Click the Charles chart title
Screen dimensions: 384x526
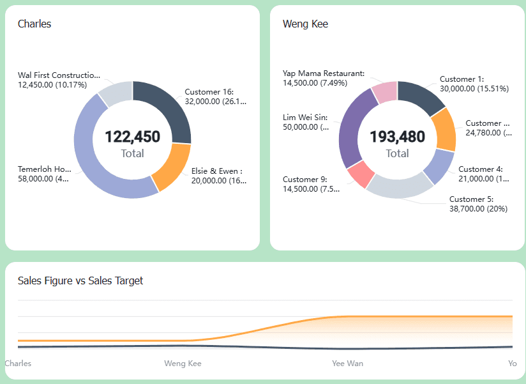pyautogui.click(x=34, y=24)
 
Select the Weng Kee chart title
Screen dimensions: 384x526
pyautogui.click(x=305, y=24)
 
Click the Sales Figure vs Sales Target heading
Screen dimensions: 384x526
pyautogui.click(x=80, y=280)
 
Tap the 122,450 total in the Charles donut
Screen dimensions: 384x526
pyautogui.click(x=132, y=137)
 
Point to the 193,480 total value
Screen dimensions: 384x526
pyautogui.click(x=397, y=137)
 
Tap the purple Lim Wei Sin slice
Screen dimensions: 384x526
pyautogui.click(x=352, y=128)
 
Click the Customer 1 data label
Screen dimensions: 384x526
pyautogui.click(x=474, y=84)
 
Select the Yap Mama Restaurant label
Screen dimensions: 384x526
pyautogui.click(x=324, y=78)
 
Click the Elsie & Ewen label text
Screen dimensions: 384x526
pyautogui.click(x=218, y=176)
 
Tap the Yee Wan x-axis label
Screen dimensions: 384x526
pyautogui.click(x=347, y=363)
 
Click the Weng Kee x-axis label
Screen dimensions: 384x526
pyautogui.click(x=183, y=363)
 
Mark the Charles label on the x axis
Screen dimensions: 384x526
pyautogui.click(x=18, y=363)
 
